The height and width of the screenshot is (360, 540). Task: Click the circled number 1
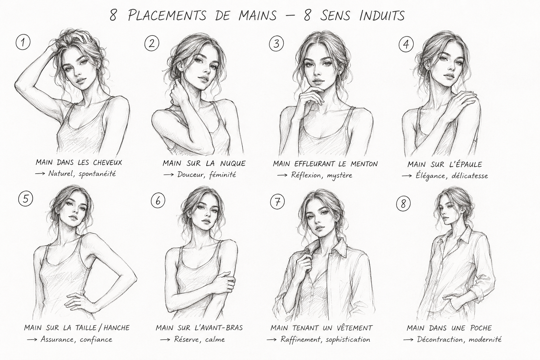[x=23, y=43]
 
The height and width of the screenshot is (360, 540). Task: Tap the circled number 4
[x=406, y=44]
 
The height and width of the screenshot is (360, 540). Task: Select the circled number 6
[x=158, y=201]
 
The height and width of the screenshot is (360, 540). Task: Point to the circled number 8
[x=403, y=204]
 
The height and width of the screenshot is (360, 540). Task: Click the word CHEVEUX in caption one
[x=107, y=162]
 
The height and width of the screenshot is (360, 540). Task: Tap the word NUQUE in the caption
[x=233, y=163]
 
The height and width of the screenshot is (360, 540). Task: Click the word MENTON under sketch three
[x=364, y=164]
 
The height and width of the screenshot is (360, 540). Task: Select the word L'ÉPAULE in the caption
[x=466, y=165]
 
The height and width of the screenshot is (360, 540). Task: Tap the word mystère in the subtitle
[x=339, y=175]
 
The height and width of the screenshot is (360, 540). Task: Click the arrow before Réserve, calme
[x=165, y=340]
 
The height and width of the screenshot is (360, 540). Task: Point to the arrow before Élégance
[x=407, y=176]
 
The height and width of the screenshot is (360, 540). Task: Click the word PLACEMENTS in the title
[x=167, y=16]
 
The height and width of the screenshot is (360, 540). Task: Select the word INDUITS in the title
[x=382, y=16]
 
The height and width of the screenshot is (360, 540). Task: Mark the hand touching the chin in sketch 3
[x=310, y=96]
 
